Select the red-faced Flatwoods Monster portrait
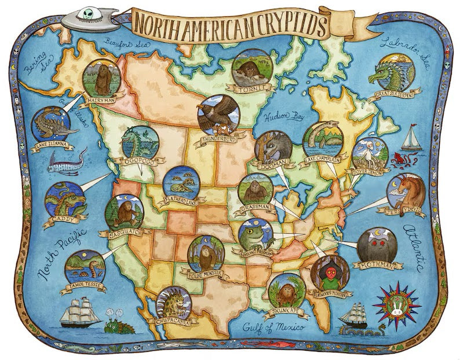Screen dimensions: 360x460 [x=328, y=270]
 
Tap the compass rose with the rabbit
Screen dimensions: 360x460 [x=397, y=306]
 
